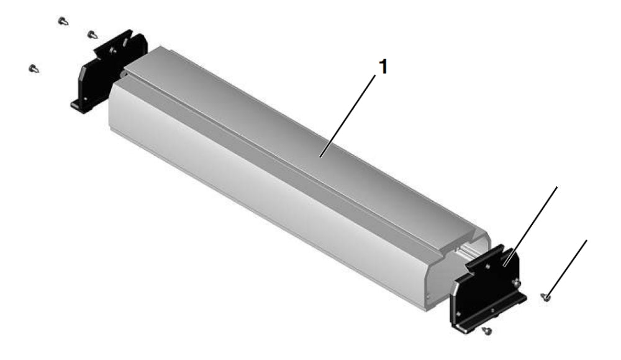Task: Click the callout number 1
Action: (383, 66)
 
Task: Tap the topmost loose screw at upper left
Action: (63, 21)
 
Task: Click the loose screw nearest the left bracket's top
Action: (92, 35)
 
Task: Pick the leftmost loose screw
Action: (34, 68)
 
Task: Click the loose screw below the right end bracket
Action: (487, 330)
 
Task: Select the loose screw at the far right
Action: (545, 297)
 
